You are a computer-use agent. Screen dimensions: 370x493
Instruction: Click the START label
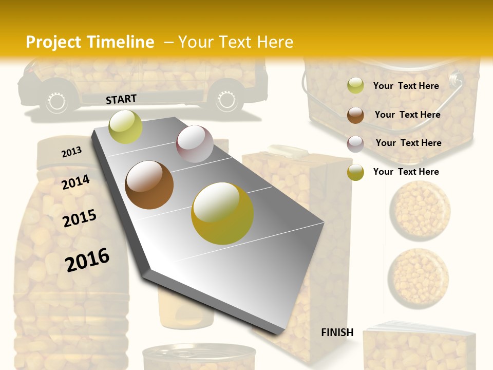121,99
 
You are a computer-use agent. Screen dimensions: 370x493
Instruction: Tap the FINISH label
337,332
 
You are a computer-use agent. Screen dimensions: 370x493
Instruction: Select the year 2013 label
71,152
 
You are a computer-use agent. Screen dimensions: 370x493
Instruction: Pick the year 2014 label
75,182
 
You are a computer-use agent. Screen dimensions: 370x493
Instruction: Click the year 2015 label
80,218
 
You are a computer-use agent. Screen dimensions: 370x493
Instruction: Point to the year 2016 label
87,260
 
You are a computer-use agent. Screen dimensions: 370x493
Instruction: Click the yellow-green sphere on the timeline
125,126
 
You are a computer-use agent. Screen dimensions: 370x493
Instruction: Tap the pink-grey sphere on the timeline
195,144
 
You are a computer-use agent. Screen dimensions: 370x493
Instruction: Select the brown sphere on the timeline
149,185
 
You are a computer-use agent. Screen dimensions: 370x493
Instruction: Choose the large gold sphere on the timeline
222,213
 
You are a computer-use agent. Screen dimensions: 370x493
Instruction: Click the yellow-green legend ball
355,85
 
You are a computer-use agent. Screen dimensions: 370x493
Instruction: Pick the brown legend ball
355,115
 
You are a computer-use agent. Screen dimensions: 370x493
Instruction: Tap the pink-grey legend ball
355,143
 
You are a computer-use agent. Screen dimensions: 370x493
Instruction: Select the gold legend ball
355,172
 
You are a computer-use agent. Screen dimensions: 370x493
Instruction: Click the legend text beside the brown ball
407,115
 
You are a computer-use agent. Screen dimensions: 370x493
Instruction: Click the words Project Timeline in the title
90,42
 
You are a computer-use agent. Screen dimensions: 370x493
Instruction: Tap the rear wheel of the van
225,100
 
